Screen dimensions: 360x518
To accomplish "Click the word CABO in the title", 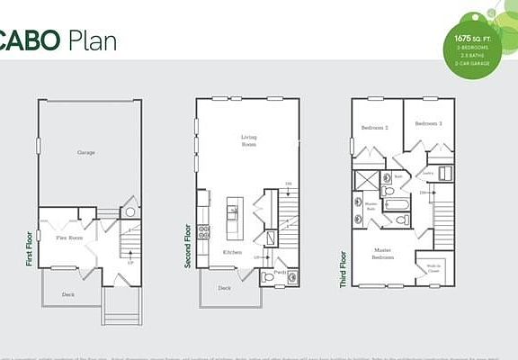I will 29,40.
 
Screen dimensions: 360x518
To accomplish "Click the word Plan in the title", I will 90,40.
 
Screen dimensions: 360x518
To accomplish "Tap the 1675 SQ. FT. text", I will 474,40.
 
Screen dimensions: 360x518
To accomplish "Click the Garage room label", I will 86,153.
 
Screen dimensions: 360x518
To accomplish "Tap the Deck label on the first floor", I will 68,294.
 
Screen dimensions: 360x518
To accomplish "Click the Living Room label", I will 249,141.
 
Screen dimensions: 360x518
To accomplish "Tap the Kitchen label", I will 232,252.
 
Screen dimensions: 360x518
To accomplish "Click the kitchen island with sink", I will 232,214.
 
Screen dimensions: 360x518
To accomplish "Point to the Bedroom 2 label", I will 375,127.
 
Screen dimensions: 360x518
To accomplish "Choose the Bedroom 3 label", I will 428,123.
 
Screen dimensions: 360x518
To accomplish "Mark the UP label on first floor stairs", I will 131,264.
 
